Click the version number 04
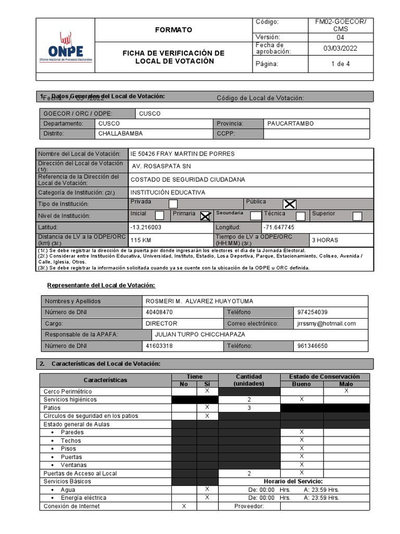click(340, 38)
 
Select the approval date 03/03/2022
click(340, 48)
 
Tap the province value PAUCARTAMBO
click(290, 124)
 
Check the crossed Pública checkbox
click(289, 204)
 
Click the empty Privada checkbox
click(173, 204)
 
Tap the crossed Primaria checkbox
click(206, 216)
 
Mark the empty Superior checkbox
click(357, 216)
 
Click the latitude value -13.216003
click(146, 228)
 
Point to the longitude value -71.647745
click(279, 228)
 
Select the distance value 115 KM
click(141, 240)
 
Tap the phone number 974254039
click(313, 312)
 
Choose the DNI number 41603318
click(159, 346)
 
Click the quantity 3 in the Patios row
click(249, 408)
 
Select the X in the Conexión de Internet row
click(184, 506)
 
